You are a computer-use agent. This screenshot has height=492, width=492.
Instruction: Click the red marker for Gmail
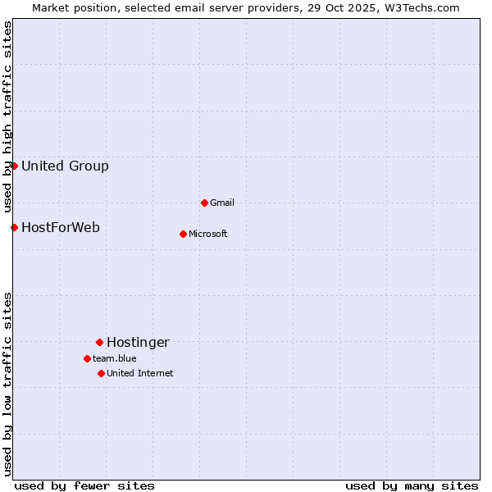[x=204, y=203]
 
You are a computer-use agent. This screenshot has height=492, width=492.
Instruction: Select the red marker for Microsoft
[x=183, y=234]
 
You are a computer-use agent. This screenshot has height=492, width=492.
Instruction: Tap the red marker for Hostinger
[x=99, y=342]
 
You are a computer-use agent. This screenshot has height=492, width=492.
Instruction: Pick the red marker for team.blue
[x=87, y=358]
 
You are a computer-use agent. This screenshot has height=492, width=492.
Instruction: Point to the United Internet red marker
[x=101, y=373]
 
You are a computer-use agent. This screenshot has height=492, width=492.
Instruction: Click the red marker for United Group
[x=14, y=166]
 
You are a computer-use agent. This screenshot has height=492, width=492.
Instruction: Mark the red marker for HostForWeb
[x=14, y=227]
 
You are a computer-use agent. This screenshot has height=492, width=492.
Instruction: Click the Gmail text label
[x=222, y=203]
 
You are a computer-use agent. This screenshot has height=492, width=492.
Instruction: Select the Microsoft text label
[x=208, y=234]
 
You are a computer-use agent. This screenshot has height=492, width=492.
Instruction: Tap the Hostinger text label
[x=138, y=342]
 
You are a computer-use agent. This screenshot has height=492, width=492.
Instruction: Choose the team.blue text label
[x=115, y=358]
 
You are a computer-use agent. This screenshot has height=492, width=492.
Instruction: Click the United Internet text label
[x=140, y=373]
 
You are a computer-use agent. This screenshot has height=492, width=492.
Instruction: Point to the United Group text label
[x=65, y=166]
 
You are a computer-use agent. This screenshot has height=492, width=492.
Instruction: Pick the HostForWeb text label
[x=61, y=227]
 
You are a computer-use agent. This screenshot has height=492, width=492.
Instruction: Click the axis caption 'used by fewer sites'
[x=84, y=485]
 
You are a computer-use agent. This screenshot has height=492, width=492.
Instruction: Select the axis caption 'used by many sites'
[x=412, y=485]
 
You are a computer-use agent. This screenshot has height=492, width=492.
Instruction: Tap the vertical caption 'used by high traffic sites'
[x=7, y=117]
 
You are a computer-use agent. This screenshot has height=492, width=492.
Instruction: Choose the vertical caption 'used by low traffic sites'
[x=7, y=384]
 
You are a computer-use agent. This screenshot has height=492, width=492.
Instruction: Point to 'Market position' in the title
[x=75, y=7]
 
